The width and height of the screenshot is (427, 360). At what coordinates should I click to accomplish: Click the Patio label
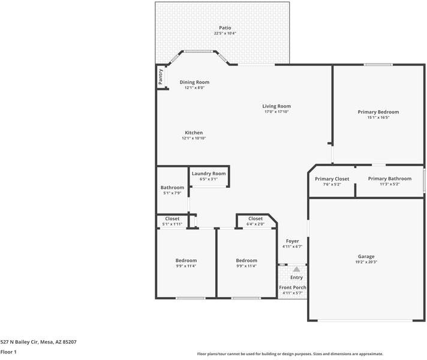point(225,28)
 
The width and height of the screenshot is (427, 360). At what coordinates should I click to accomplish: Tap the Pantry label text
point(160,77)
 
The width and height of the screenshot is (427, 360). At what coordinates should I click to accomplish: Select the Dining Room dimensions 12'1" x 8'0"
point(194,88)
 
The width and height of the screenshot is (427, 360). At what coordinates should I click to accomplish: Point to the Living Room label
point(276,106)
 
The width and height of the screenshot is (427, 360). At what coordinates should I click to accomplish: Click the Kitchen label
point(194,133)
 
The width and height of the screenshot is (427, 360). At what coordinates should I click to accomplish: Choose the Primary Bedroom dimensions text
point(378,118)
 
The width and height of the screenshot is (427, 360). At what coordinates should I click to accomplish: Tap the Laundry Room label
point(209,173)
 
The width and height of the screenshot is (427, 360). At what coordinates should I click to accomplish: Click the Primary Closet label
point(332,179)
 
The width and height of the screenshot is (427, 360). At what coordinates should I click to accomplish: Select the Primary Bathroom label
point(390,179)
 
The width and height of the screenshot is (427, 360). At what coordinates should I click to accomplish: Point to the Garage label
point(366,256)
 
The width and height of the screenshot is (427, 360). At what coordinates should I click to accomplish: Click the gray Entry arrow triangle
point(296,269)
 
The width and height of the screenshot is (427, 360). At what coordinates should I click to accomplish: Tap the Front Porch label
point(293,287)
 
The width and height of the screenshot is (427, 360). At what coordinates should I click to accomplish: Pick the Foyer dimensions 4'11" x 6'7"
point(292,247)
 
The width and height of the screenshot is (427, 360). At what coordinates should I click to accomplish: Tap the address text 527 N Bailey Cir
point(19,342)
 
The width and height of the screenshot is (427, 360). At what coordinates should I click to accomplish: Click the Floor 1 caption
point(8,352)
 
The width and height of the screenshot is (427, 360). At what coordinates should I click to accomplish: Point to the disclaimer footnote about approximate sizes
point(290,354)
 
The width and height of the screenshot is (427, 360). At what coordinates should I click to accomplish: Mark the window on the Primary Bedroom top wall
point(378,65)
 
